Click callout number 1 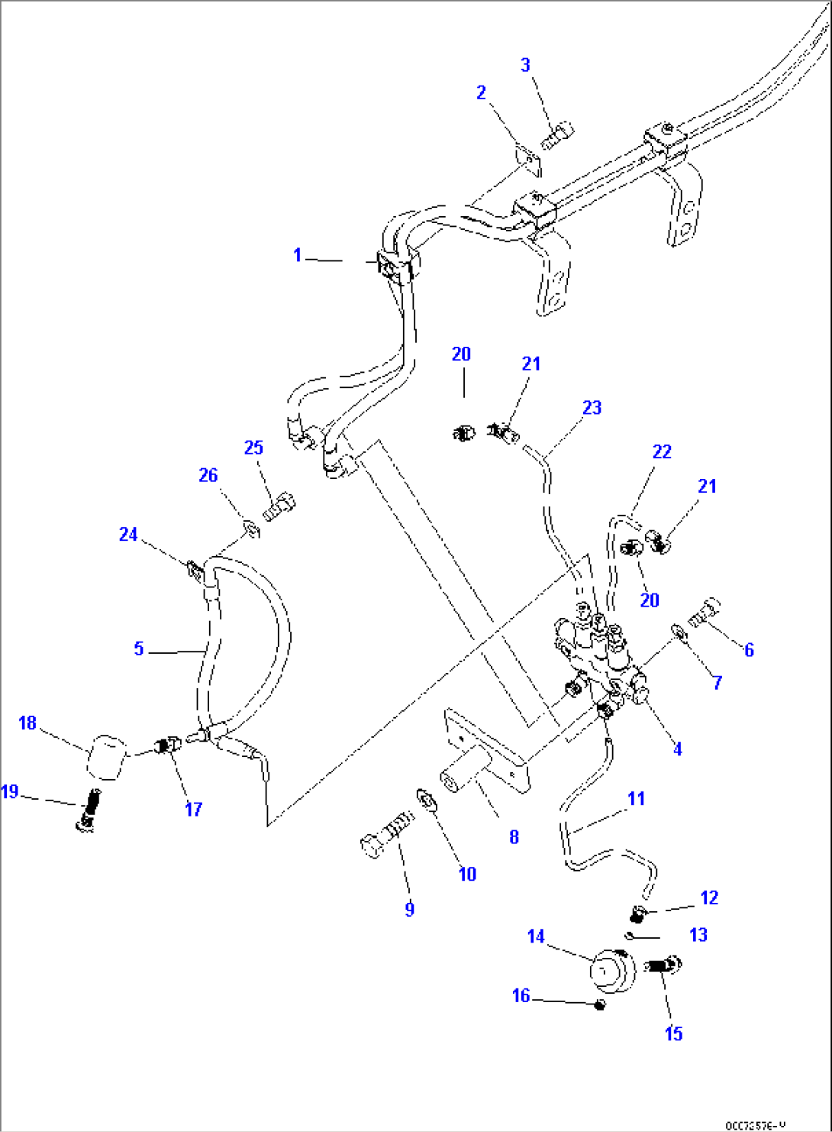[x=298, y=255]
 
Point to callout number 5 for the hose [x=138, y=648]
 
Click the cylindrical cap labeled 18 [x=105, y=756]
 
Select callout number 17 [x=193, y=809]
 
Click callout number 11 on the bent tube [x=636, y=798]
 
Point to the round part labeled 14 [x=613, y=972]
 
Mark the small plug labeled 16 [x=599, y=1004]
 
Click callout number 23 [x=592, y=408]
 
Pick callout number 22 [x=661, y=451]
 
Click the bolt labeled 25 [x=280, y=506]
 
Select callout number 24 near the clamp [x=128, y=534]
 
